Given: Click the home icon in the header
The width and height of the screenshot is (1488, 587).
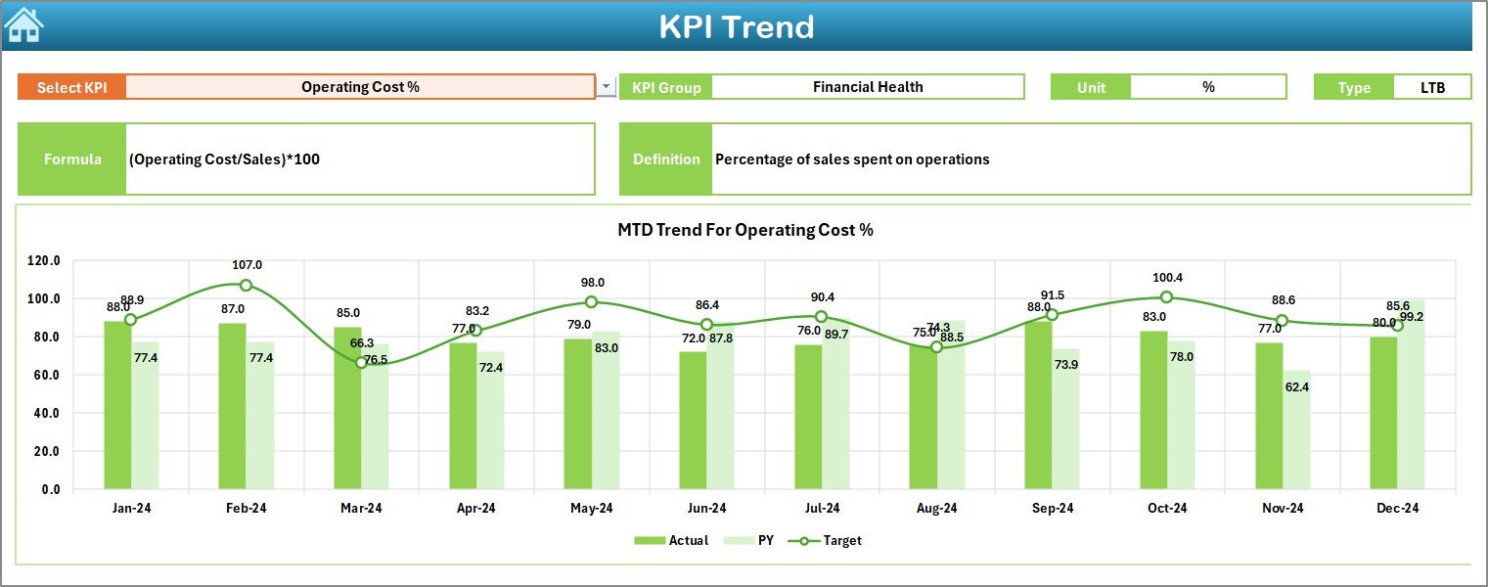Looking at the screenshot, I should [23, 24].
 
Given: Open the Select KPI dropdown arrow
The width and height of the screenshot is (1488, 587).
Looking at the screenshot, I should [606, 87].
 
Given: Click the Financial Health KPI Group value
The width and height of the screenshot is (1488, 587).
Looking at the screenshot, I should [867, 87].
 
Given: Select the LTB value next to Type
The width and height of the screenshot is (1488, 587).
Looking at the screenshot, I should [1432, 87].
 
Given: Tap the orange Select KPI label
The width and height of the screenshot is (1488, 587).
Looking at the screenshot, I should [71, 87].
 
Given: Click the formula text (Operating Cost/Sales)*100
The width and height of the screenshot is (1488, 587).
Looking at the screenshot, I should [224, 159].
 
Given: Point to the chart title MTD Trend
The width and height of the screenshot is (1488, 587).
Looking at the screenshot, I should [744, 230].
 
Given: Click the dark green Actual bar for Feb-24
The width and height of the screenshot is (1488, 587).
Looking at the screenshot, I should [232, 405].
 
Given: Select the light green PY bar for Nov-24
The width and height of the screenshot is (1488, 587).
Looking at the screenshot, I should [1296, 429].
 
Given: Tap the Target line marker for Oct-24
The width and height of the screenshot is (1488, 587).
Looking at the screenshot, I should [1166, 297].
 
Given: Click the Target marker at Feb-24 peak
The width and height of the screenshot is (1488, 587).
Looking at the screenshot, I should [246, 285].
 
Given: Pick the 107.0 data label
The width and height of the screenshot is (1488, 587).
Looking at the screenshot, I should [247, 265].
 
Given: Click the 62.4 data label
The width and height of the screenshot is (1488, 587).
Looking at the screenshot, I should [1297, 386].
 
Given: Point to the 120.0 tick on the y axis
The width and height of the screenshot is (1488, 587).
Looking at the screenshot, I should [44, 261].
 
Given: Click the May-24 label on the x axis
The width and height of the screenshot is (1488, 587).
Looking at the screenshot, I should [591, 508].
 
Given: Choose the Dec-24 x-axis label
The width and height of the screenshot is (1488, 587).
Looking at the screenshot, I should [1397, 508].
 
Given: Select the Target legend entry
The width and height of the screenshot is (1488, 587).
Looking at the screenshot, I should [832, 540].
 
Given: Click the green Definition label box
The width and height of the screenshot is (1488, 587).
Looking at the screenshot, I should [666, 159].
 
